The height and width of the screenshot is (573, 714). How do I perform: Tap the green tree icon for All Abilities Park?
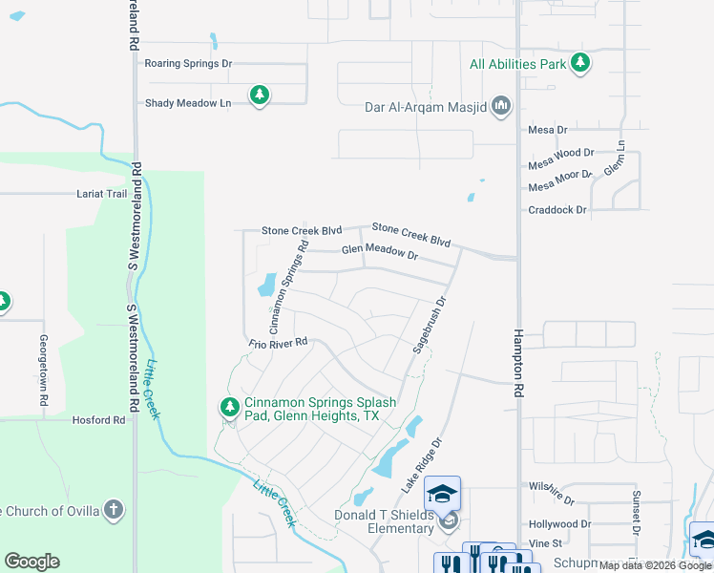point(579,64)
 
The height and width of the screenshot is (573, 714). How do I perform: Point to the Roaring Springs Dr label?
point(188,64)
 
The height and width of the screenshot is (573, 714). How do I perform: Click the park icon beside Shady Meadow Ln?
point(259,95)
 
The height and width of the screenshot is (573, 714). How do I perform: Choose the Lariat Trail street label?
point(101,194)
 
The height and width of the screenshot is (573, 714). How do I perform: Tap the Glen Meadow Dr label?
point(380,255)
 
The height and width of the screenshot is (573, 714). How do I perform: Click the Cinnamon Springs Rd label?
point(289,277)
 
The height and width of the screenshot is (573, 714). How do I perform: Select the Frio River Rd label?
point(278,342)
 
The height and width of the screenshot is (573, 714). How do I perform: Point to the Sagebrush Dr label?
point(429,326)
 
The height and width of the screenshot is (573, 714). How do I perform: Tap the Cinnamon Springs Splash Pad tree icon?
point(229,408)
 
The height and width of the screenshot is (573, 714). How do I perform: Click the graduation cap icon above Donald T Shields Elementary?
point(442,493)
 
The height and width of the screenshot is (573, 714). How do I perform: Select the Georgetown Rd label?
point(44,371)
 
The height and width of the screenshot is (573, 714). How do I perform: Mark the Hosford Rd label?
point(99,419)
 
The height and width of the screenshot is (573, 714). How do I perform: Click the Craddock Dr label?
point(557,209)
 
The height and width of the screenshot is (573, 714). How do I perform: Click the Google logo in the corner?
point(31,562)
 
